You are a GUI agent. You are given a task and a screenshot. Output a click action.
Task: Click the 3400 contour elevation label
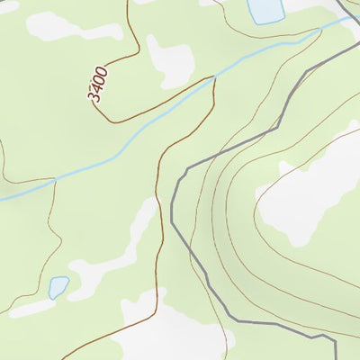98,84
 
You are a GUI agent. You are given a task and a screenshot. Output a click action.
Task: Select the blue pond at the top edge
265,10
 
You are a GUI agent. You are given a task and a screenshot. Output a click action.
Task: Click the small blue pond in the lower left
58,287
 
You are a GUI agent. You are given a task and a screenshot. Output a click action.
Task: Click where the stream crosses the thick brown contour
213,78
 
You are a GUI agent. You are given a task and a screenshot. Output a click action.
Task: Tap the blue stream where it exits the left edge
2,199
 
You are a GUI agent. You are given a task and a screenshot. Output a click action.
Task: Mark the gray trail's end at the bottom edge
335,358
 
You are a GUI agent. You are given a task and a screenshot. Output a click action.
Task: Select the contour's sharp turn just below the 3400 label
111,121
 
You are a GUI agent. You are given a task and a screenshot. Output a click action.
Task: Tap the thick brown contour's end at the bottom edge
63,358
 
